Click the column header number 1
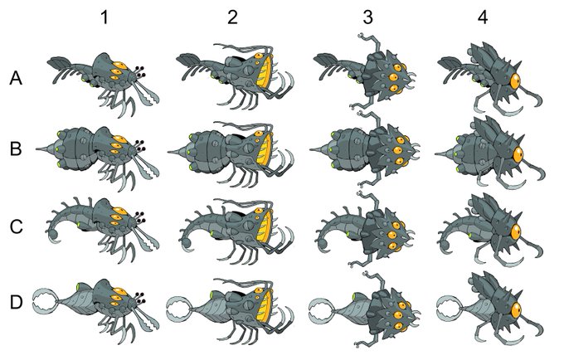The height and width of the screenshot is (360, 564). coord(105,17)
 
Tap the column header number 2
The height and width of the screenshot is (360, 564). coord(233,17)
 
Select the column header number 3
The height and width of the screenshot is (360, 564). coord(367,17)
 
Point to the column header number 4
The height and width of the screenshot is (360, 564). coord(483,17)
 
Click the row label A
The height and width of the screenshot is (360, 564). coord(16,78)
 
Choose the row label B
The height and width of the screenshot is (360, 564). coord(16,148)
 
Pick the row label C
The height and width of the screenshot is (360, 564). coord(16,227)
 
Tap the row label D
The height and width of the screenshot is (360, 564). coord(16,303)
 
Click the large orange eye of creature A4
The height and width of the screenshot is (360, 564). coord(515,81)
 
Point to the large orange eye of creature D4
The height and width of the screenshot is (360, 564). coord(516,310)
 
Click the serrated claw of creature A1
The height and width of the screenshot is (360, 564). coord(148,95)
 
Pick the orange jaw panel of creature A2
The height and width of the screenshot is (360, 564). coord(265,73)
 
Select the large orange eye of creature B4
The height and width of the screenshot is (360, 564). coord(518,154)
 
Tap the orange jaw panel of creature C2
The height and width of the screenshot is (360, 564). coord(266,226)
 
